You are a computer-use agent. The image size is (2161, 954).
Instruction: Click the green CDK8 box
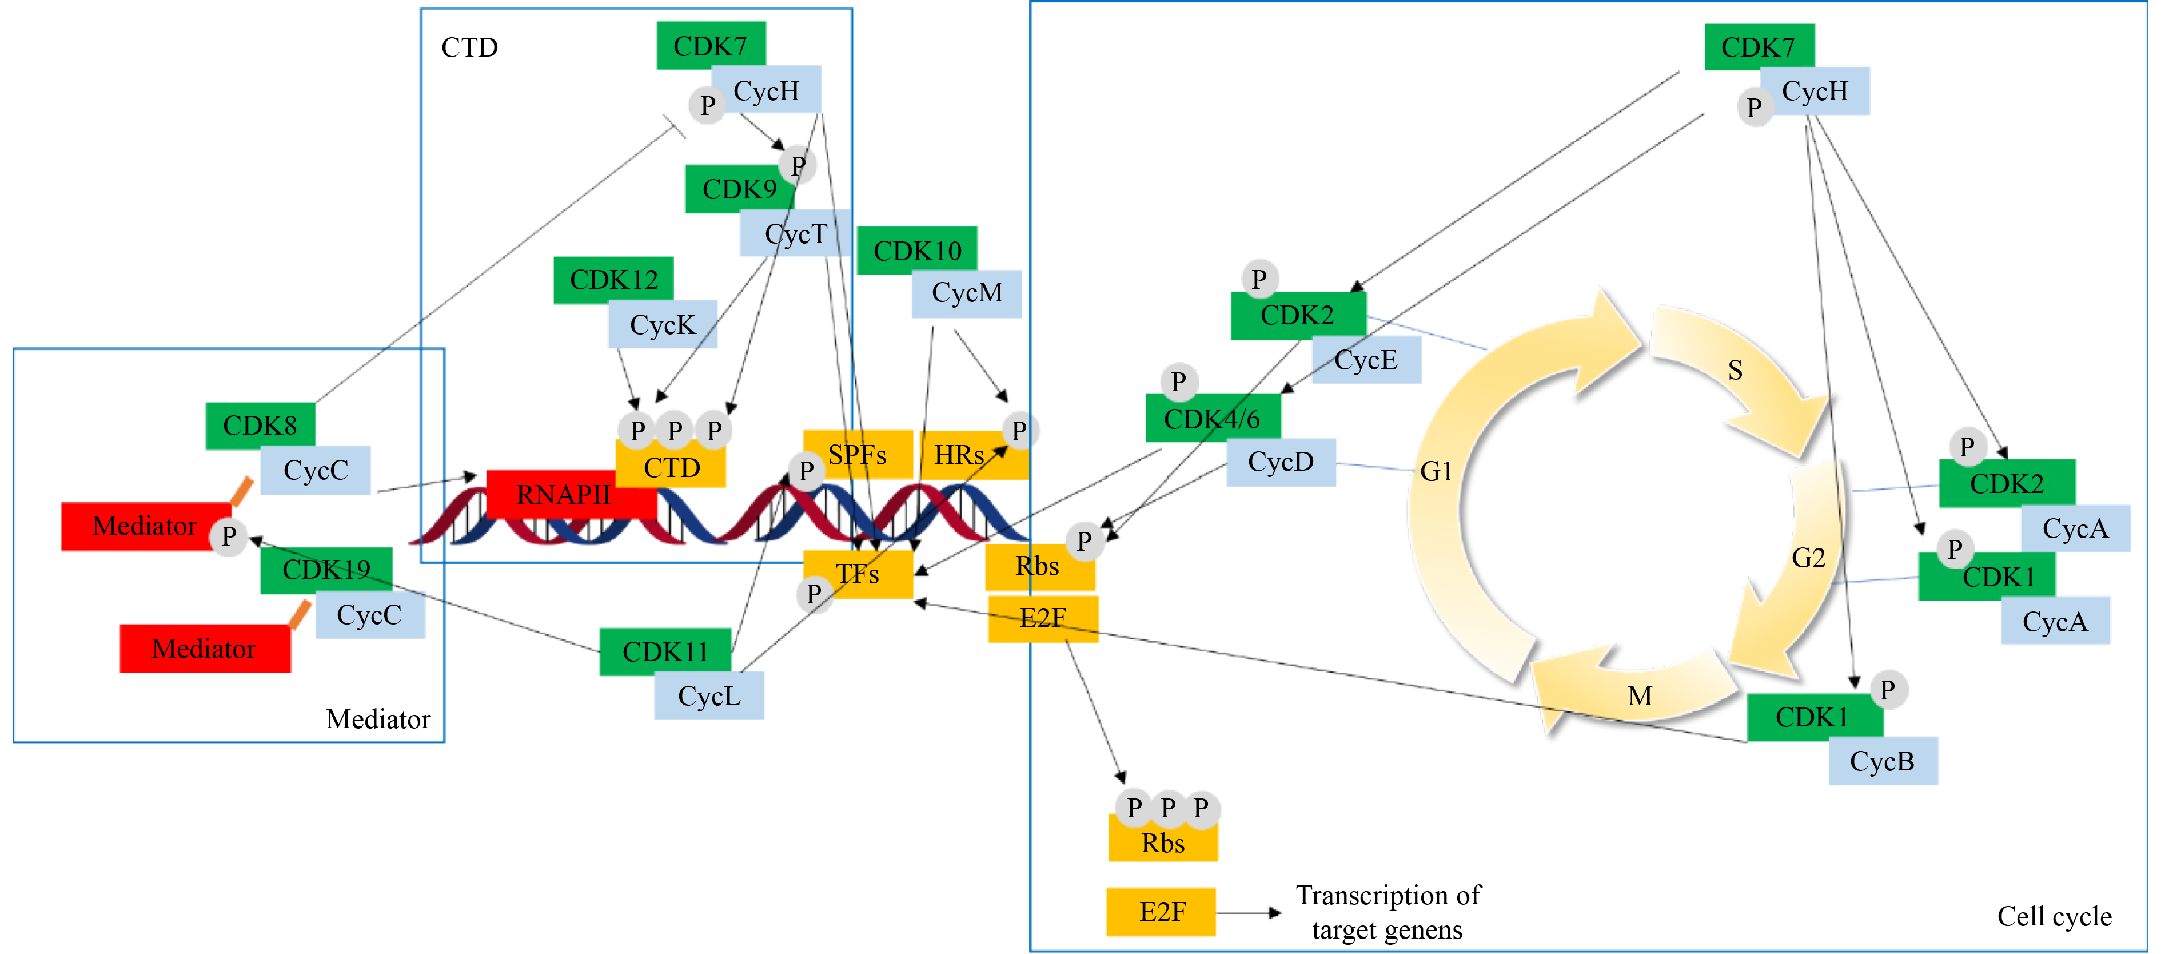coord(260,426)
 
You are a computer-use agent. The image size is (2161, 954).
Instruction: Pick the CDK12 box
coord(613,280)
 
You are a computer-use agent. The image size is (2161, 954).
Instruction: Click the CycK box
coord(663,325)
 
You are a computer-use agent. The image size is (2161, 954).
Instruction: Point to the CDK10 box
coord(917,250)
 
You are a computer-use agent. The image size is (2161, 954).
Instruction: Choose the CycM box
coord(966,293)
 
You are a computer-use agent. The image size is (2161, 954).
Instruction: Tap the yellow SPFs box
coord(858,455)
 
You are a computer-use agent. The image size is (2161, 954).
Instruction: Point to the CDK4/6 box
coord(1212,418)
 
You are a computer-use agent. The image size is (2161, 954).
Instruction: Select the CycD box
coord(1280,462)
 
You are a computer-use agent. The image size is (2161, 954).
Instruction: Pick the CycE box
coord(1366,360)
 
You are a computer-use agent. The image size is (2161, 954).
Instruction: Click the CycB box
coord(1883,761)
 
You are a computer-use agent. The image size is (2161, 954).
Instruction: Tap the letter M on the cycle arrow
coord(1640,695)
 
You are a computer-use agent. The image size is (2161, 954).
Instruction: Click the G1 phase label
coord(1436,471)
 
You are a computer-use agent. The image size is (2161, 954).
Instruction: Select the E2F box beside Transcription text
coord(1161,911)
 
